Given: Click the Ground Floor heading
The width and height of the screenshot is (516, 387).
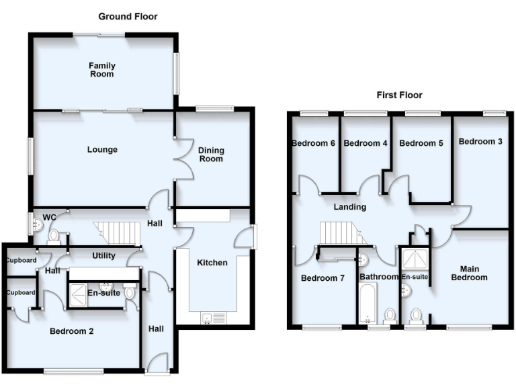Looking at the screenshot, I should [128, 16].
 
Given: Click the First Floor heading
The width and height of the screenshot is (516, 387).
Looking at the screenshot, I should [399, 95].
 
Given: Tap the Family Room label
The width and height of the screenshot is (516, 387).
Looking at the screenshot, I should [102, 70].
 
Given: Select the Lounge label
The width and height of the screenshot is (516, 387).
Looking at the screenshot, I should [102, 150].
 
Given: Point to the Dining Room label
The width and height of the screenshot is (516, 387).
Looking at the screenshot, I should [211, 155].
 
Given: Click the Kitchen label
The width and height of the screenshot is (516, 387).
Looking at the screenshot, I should [212, 263].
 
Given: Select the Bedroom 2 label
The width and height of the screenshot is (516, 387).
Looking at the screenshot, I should [71, 331].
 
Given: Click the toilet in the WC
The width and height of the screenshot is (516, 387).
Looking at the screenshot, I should [54, 235].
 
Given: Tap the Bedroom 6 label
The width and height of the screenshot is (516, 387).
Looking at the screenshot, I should [313, 143].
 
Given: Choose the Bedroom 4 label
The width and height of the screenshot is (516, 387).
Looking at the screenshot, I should [365, 143].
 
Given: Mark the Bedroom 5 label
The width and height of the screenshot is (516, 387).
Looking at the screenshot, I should [421, 143].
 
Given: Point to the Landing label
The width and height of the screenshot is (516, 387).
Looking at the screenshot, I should [350, 207].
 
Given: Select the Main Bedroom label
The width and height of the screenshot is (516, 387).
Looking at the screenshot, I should [469, 273].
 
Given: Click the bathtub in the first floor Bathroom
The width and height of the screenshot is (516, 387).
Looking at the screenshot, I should [368, 304].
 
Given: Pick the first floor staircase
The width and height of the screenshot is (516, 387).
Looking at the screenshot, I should [341, 233].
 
